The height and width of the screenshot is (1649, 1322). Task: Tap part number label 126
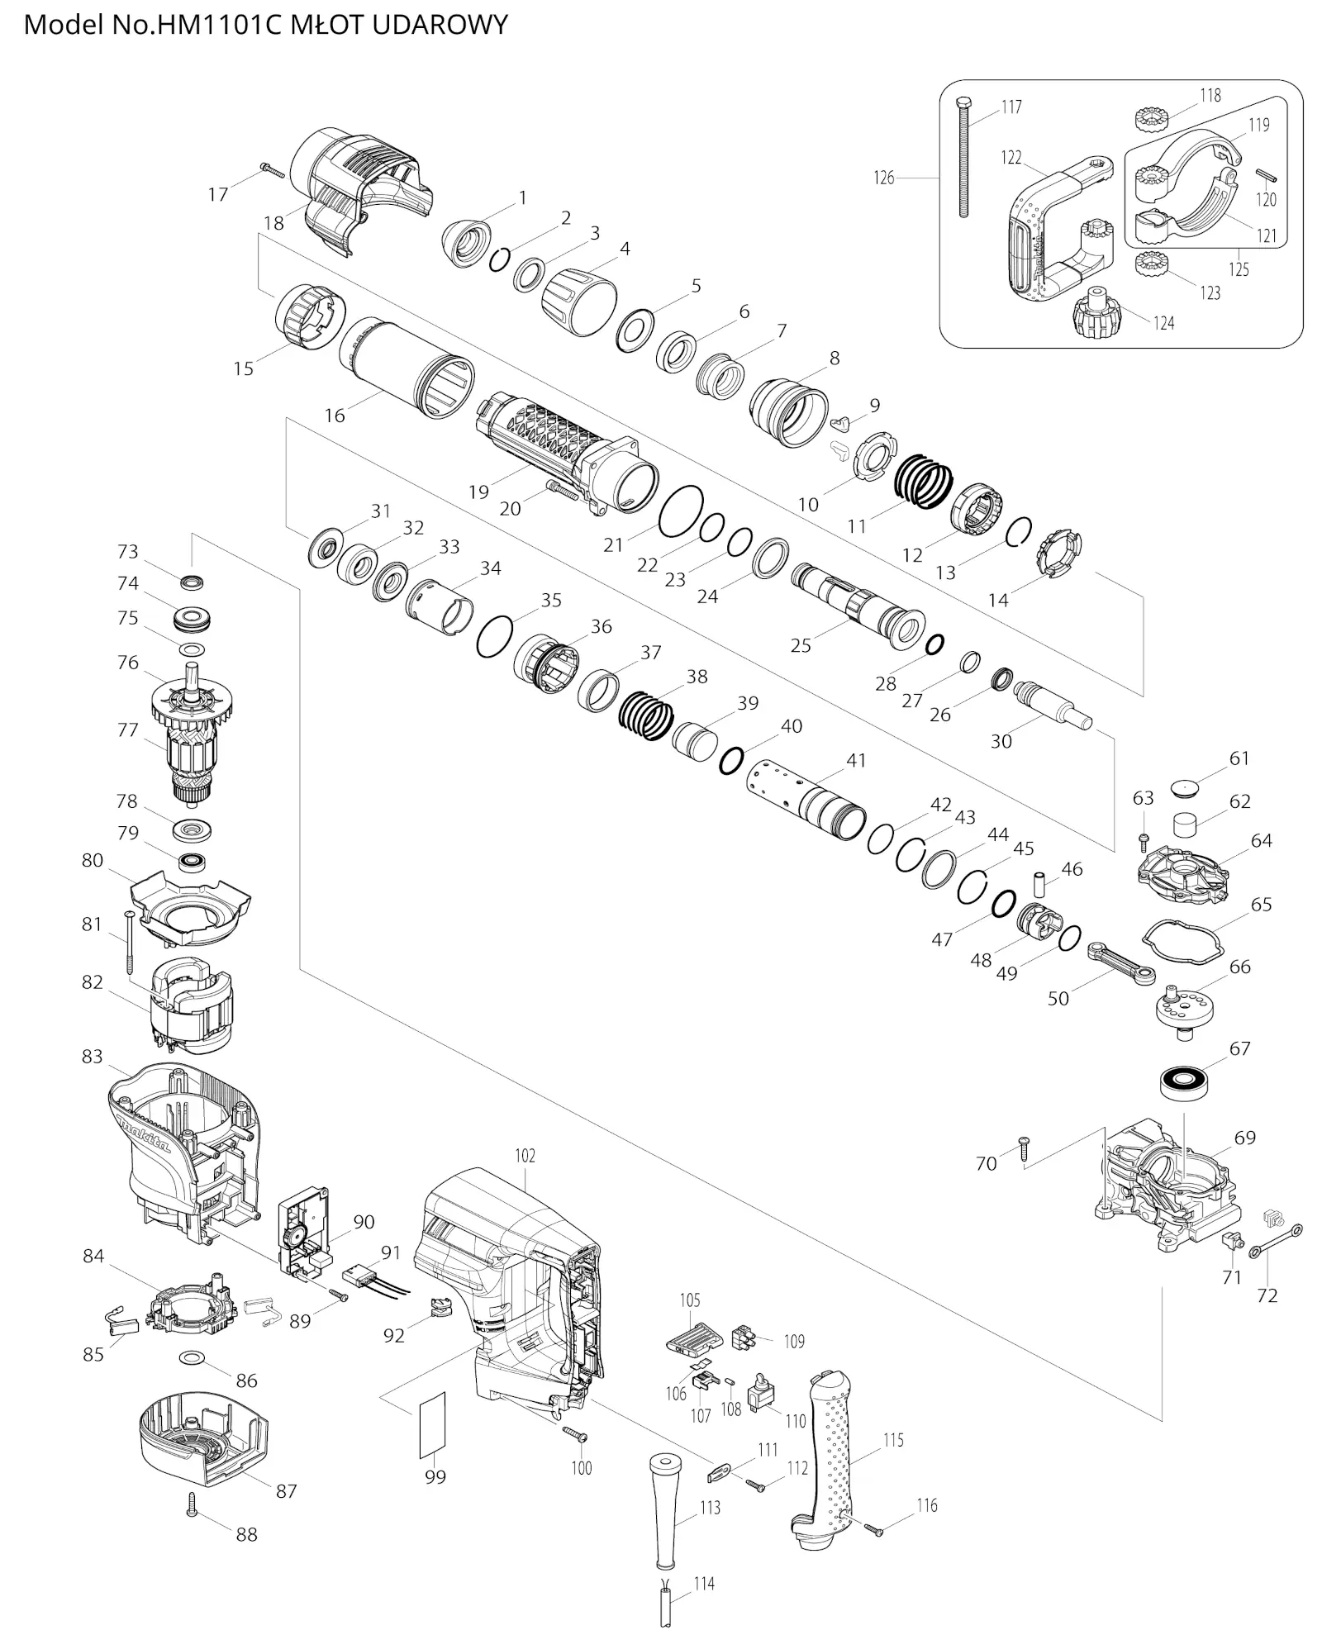883,178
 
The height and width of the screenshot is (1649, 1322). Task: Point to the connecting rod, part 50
1120,964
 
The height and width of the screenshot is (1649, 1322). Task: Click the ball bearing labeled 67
1184,1083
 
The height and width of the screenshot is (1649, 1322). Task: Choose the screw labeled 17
272,171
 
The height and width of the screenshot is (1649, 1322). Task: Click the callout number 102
525,1155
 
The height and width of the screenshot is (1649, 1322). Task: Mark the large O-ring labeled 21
681,511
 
